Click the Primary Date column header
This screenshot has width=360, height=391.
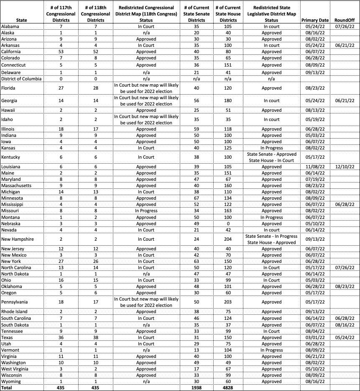pos(315,20)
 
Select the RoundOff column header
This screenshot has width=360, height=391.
pos(345,20)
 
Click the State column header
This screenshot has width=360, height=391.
pos(21,20)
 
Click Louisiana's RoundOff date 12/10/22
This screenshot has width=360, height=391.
pos(345,167)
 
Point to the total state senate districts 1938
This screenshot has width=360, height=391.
pos(197,388)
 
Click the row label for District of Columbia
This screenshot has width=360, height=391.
pos(21,79)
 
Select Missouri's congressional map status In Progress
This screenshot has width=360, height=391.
pos(146,211)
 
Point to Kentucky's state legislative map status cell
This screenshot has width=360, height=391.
pos(272,157)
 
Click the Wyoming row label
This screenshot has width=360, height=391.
pos(11,381)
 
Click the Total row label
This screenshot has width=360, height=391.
pos(8,388)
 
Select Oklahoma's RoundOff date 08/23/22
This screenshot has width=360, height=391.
pos(345,286)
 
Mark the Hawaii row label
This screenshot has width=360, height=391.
pos(9,110)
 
